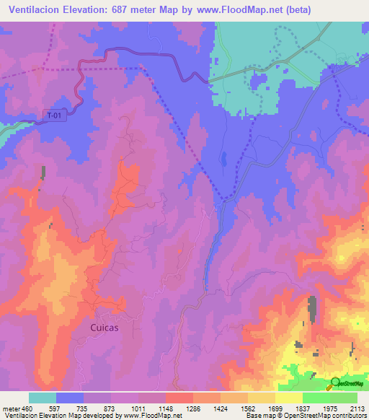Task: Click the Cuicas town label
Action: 105,327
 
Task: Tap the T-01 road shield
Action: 54,115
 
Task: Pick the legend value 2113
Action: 357,409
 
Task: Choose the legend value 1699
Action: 275,409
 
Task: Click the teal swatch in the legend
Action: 43,398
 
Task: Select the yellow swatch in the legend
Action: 289,398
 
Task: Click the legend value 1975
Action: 330,409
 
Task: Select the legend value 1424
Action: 221,409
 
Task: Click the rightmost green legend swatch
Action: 344,398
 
